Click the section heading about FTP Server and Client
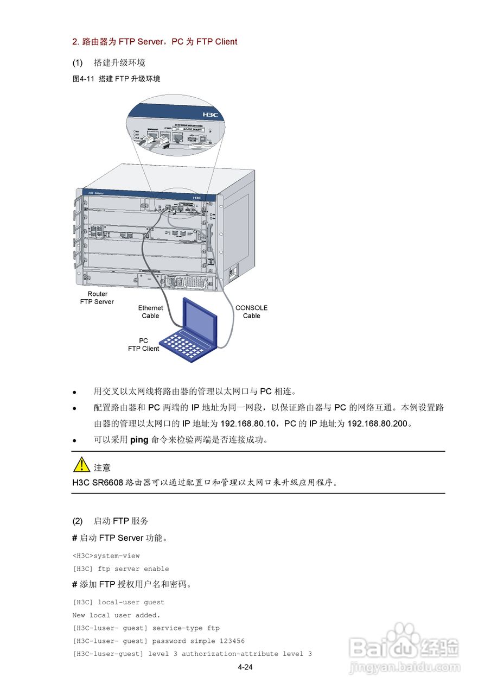pyautogui.click(x=155, y=42)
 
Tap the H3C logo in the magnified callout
pyautogui.click(x=210, y=115)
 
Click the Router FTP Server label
pyautogui.click(x=97, y=298)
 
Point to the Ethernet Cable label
pyautogui.click(x=150, y=312)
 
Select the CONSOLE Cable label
pyautogui.click(x=251, y=312)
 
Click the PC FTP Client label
pyautogui.click(x=143, y=345)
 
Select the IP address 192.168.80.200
pyautogui.click(x=377, y=424)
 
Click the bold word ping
pyautogui.click(x=139, y=440)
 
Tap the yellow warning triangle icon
pyautogui.click(x=82, y=465)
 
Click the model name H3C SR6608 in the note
pyautogui.click(x=98, y=482)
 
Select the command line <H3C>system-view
pyautogui.click(x=106, y=555)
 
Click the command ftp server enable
pyautogui.click(x=133, y=568)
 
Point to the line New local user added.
pyautogui.click(x=116, y=615)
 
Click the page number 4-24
pyautogui.click(x=245, y=667)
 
